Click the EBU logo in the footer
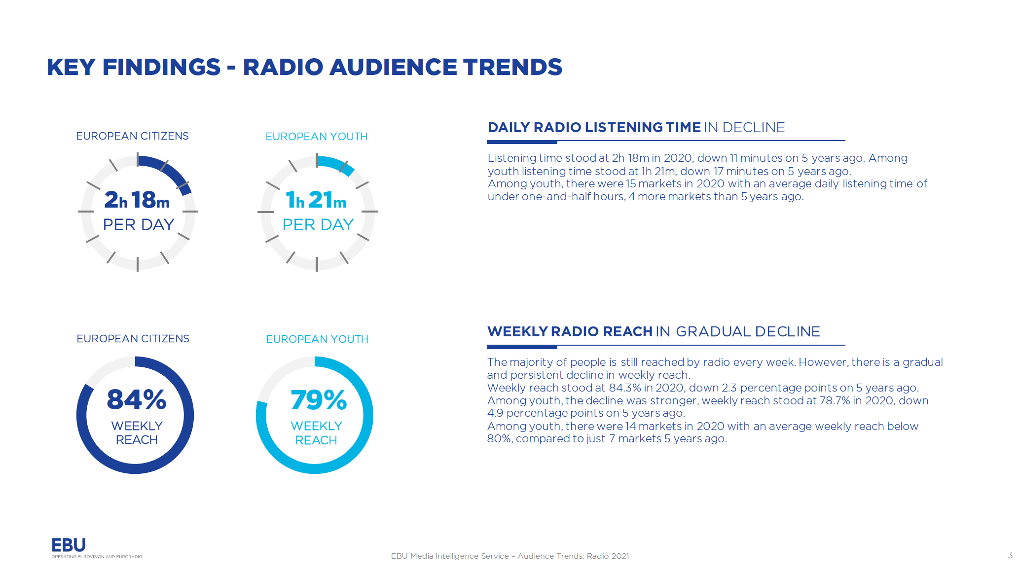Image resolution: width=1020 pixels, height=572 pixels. point(69,545)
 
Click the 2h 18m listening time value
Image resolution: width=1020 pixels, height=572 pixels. point(137,200)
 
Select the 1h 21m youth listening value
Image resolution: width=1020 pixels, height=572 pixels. point(316,200)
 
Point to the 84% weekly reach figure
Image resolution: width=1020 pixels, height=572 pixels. point(136,399)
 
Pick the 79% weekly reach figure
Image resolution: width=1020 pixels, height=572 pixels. point(319,400)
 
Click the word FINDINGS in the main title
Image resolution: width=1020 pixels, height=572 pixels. point(161,67)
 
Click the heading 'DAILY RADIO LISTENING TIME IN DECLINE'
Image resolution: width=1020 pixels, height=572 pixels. point(636,128)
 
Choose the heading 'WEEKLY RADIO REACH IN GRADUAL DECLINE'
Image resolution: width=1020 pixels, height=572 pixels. point(654,331)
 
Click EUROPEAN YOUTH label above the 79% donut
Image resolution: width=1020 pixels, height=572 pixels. point(317,339)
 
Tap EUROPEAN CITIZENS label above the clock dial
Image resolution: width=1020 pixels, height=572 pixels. point(132,136)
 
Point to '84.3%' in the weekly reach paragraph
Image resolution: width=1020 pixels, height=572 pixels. point(623,388)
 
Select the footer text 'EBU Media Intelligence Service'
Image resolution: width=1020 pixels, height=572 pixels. point(450,556)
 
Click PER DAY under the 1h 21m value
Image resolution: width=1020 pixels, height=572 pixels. point(318,225)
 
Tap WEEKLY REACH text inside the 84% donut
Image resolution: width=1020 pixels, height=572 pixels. point(137,432)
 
